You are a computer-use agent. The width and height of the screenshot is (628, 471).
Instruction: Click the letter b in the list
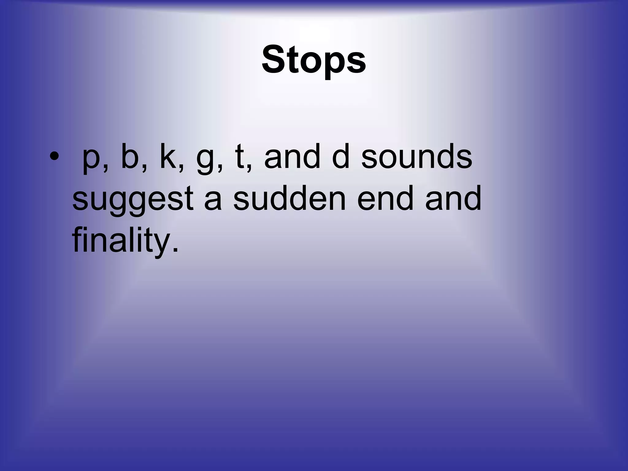tap(130, 156)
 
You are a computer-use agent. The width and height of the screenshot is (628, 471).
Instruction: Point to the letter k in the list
tap(168, 156)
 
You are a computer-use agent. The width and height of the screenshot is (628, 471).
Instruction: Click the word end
tap(385, 199)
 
